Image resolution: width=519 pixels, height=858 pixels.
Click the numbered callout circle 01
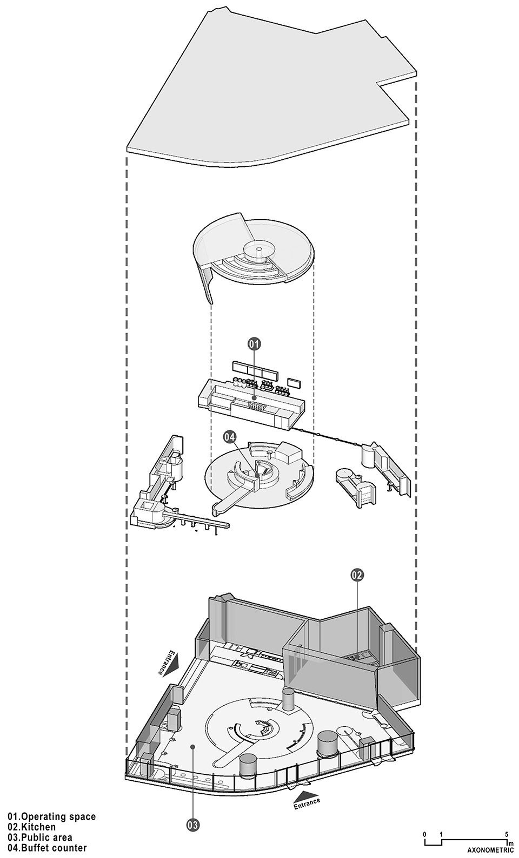click(x=254, y=343)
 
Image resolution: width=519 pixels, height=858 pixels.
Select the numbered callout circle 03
click(x=192, y=825)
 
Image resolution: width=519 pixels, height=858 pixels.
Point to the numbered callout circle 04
click(x=230, y=436)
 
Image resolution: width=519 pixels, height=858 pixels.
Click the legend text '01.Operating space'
click(x=52, y=816)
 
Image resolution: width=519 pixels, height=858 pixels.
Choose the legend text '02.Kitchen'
click(x=31, y=827)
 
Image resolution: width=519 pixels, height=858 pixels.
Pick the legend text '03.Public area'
click(x=40, y=837)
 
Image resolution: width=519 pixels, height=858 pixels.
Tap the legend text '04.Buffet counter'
click(x=47, y=848)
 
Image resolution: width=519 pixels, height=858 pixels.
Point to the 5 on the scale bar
click(x=507, y=834)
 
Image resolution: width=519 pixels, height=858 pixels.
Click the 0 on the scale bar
click(x=425, y=834)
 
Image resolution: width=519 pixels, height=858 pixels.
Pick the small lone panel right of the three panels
click(x=294, y=383)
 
